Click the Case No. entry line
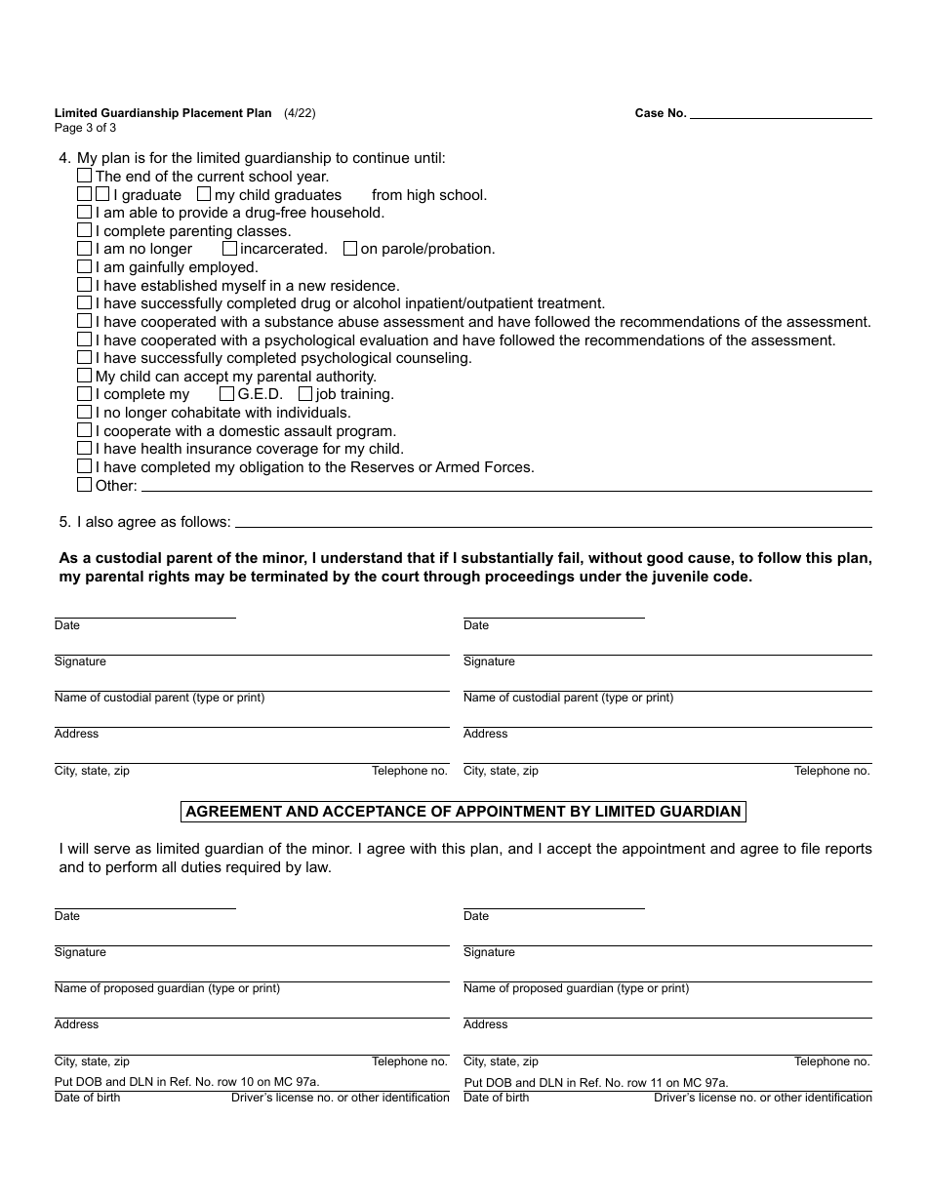tap(781, 113)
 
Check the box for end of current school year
tap(85, 177)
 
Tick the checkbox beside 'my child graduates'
tap(204, 194)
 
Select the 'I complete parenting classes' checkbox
tap(85, 231)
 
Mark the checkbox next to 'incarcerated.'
tap(229, 249)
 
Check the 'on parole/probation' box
tap(350, 249)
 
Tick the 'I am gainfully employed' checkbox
tap(85, 267)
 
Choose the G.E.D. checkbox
tap(226, 394)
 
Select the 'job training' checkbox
tap(305, 394)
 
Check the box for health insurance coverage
tap(85, 449)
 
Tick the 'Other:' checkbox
tap(85, 485)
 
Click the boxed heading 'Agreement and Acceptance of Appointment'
tap(463, 812)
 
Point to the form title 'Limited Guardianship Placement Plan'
tap(163, 113)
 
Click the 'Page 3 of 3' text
tap(86, 128)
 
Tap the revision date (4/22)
tap(300, 113)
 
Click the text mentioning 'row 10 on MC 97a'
tap(186, 1082)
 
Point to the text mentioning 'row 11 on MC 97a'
tap(596, 1082)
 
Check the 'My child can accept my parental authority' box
tap(85, 377)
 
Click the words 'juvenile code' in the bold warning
tap(705, 577)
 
